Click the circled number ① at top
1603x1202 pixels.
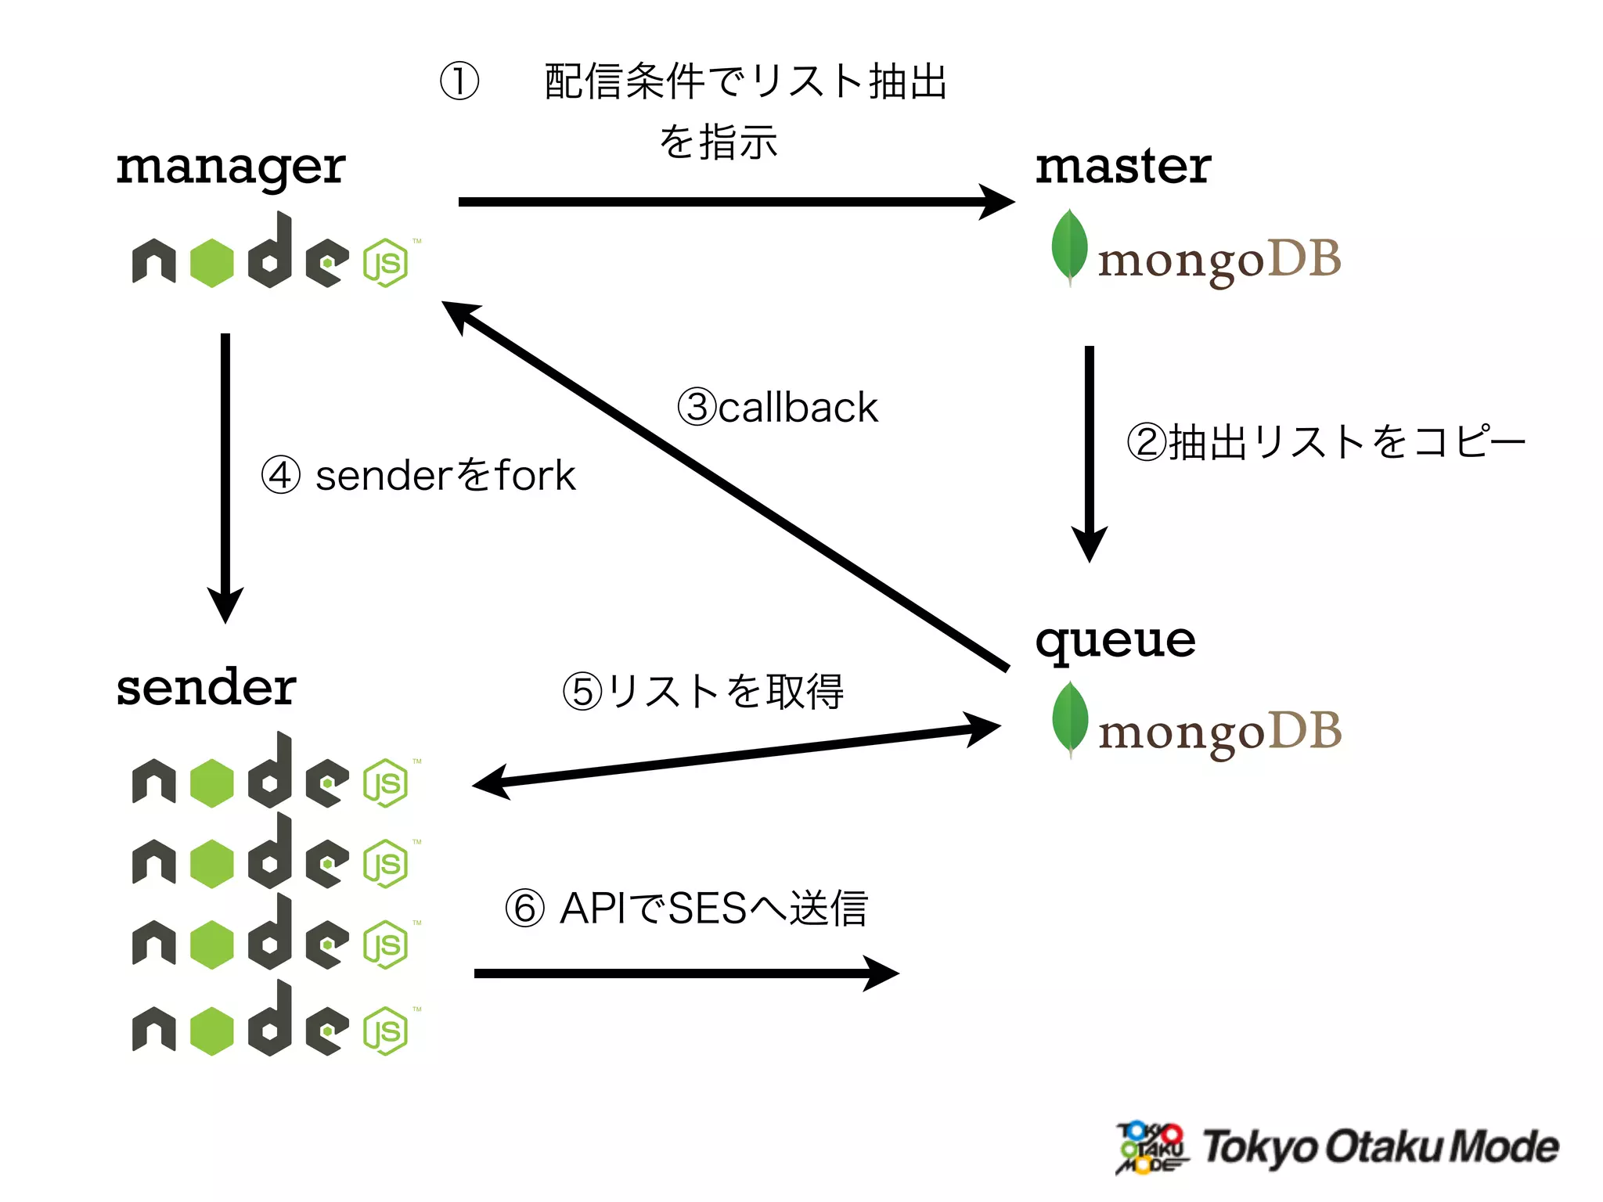coord(459,81)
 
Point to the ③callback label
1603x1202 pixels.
coord(777,407)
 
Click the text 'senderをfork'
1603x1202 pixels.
coord(445,476)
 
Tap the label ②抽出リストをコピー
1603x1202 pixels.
coord(1326,442)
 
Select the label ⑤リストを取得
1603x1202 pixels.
coord(703,692)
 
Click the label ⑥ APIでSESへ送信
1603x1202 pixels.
coord(686,909)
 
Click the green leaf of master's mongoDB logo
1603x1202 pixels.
coord(1069,245)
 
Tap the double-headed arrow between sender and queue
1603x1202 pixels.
coord(736,756)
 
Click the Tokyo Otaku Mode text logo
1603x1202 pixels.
coord(1379,1147)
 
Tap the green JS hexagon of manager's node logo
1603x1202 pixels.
coord(385,263)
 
